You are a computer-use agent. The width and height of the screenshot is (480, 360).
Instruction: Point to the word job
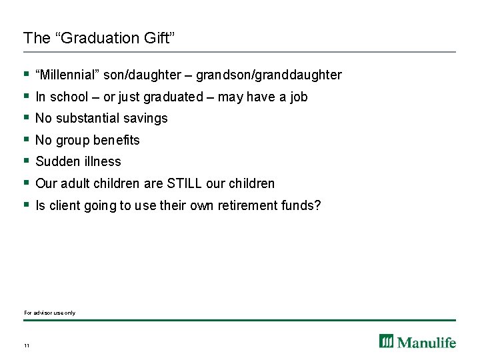pos(298,97)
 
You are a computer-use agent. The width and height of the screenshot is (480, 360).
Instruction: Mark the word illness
pos(101,161)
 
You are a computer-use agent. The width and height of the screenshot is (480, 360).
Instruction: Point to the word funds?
pos(303,205)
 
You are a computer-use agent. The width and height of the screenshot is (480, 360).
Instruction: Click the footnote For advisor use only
pos(50,313)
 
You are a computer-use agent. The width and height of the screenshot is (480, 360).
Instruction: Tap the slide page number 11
pos(26,345)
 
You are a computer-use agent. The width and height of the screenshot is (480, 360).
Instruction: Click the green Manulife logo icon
pos(387,341)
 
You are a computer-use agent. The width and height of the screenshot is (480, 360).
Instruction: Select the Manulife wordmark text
pos(427,342)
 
